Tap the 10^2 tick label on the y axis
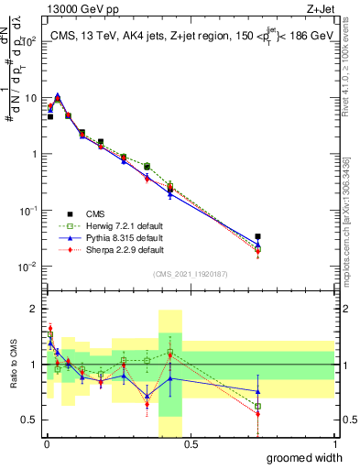coord(27,42)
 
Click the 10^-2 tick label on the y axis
coord(27,267)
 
